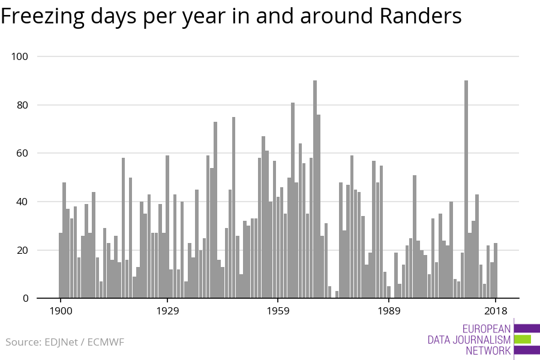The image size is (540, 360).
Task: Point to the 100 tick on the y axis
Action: tap(20, 56)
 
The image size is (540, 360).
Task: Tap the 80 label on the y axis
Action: tap(23, 105)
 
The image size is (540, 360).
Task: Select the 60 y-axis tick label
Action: tap(23, 154)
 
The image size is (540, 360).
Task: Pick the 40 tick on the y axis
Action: tap(23, 202)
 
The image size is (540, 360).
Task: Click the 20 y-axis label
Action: tap(23, 250)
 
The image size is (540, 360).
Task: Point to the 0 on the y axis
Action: tap(26, 298)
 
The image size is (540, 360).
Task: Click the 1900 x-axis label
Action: tap(60, 311)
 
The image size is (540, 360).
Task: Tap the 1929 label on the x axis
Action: tap(167, 311)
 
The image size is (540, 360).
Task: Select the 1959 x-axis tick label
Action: tap(277, 311)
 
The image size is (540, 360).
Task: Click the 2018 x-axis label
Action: tap(496, 311)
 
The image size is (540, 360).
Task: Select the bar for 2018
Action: tap(496, 270)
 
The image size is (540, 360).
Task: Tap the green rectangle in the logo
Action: tap(523, 340)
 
